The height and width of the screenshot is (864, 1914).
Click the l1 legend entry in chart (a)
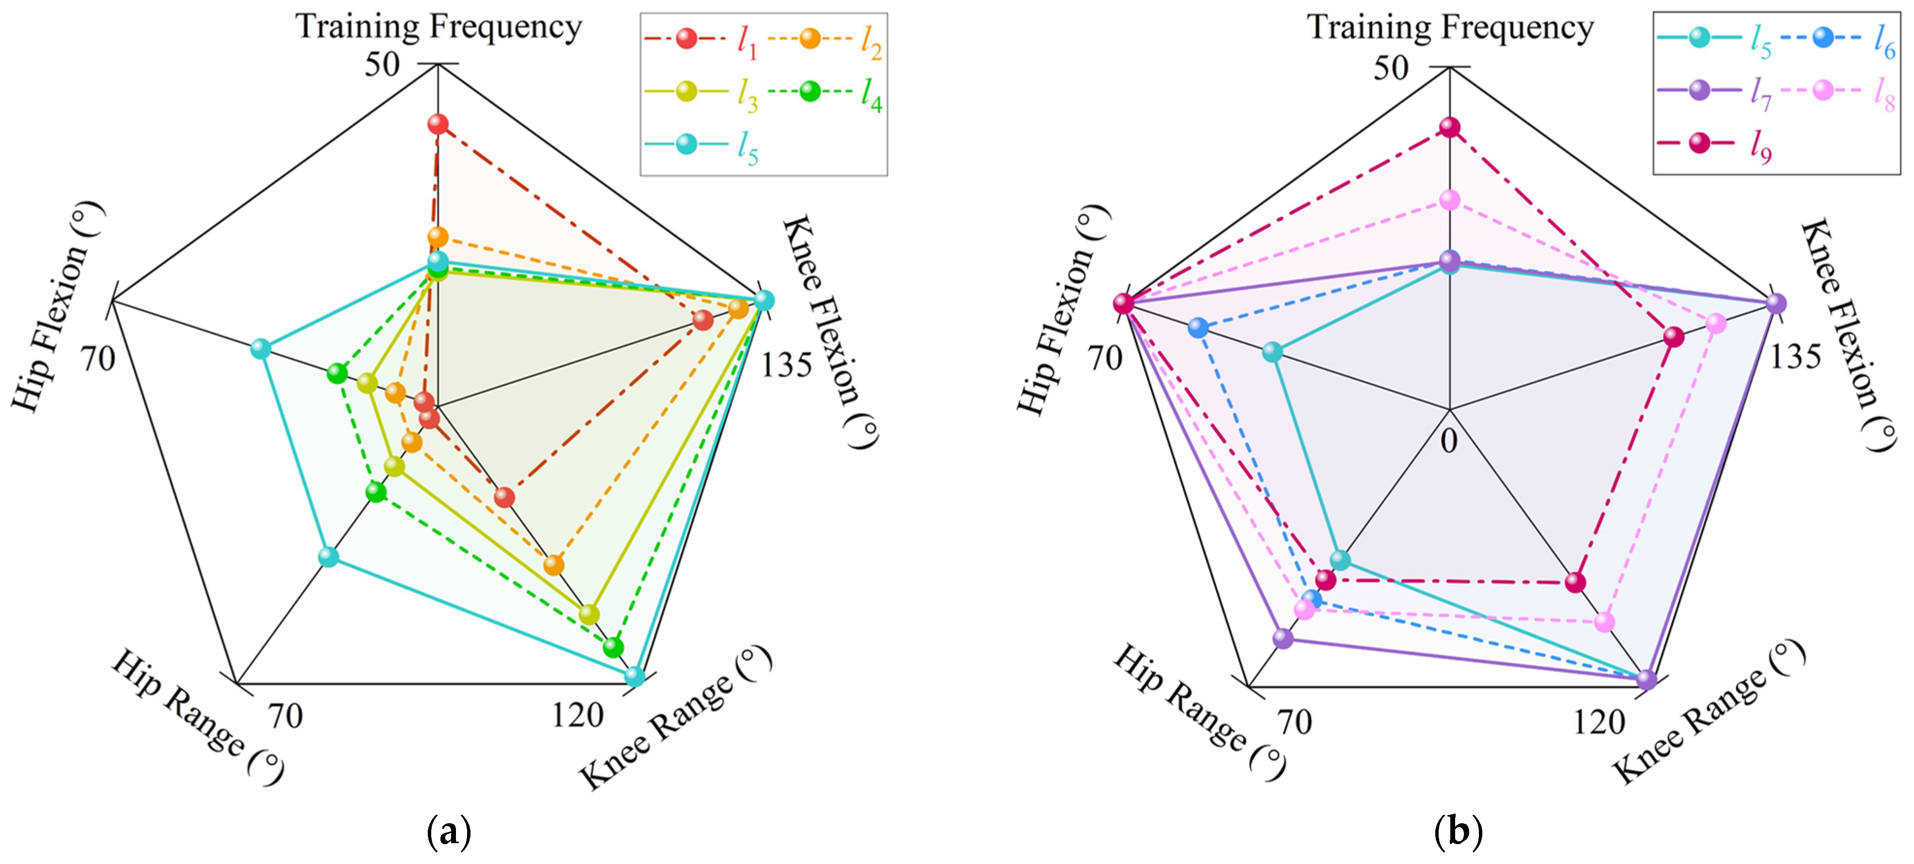point(698,40)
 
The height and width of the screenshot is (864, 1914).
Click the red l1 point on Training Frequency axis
point(438,124)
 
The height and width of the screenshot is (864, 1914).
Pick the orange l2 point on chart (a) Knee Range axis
point(553,565)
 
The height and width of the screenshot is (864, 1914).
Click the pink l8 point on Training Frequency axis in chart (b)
point(1449,200)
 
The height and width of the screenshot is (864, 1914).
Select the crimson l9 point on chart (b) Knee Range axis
point(1575,582)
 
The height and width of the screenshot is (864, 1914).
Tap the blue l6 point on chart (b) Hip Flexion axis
point(1198,327)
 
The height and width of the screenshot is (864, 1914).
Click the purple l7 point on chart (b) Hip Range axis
point(1282,638)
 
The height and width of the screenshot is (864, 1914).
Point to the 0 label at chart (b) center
point(1449,441)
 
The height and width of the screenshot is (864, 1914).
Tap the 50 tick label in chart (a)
point(382,64)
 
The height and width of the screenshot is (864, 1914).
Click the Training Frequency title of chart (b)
point(1450,28)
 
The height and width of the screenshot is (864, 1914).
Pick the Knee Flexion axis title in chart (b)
point(1847,335)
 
